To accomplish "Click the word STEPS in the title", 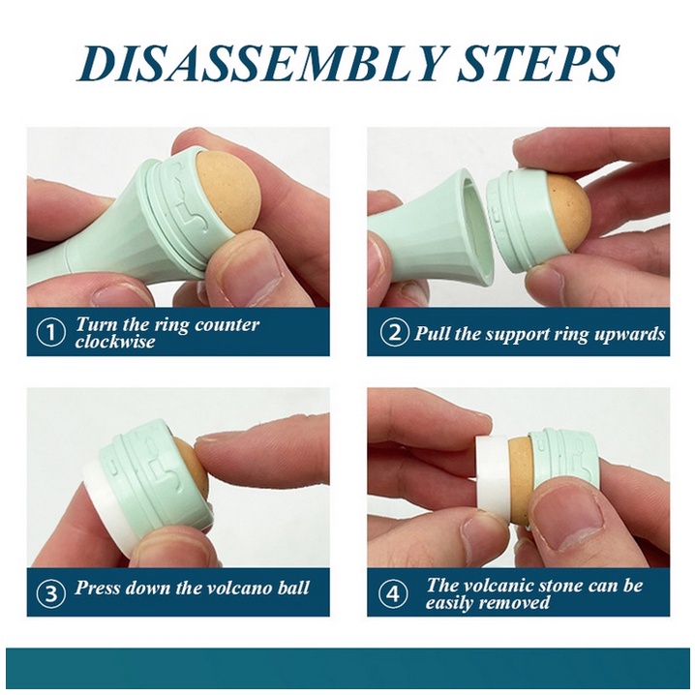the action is pos(537,63).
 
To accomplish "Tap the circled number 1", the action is pos(50,333).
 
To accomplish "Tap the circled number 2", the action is pos(394,333).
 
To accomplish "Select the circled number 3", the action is pos(50,593).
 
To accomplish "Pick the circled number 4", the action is pos(394,593).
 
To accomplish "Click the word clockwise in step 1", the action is pos(115,342).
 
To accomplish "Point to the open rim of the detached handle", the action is pos(478,227).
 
